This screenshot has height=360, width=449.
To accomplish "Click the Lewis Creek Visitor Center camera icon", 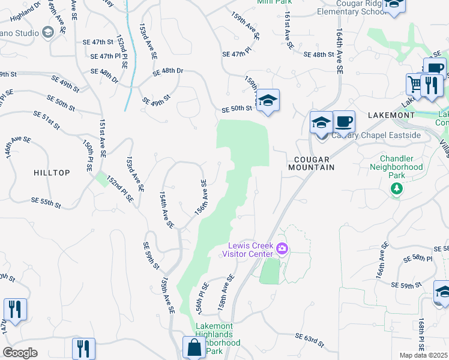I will click(282, 248).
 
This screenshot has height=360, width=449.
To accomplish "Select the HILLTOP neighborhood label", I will click(52, 173).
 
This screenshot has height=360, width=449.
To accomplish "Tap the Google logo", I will click(20, 353).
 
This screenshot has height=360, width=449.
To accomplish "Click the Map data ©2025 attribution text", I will click(424, 355).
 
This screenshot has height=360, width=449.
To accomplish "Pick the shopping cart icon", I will click(415, 83).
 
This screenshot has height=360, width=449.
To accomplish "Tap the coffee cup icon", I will click(343, 121).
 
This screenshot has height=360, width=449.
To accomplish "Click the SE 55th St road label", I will click(45, 203).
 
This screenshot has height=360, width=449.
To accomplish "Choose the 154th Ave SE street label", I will click(166, 211).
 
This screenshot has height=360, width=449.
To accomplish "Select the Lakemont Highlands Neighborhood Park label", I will click(218, 334).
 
